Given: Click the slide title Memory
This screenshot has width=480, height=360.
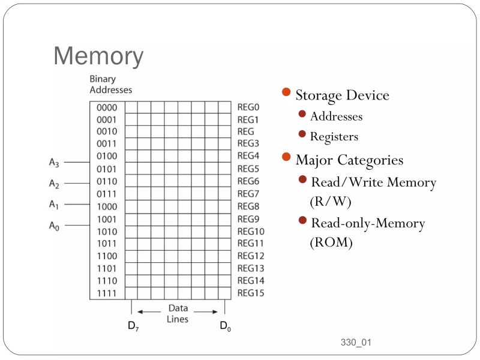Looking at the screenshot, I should [98, 56].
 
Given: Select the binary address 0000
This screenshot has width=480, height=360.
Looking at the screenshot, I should [107, 107].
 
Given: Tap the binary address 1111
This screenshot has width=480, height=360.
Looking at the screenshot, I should [107, 293].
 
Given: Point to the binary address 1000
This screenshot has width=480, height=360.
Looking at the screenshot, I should [107, 206].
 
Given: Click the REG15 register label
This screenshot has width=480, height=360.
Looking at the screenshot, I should [250, 293].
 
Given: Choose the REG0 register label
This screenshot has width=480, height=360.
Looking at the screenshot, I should [248, 107].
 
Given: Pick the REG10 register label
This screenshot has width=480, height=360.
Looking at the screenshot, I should [250, 231].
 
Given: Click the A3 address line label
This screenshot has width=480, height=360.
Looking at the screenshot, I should [54, 162].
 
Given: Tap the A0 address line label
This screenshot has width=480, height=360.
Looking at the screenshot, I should [54, 226].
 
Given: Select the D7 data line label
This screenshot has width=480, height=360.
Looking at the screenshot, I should [133, 326].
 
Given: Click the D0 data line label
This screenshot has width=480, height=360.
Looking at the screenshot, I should [224, 326].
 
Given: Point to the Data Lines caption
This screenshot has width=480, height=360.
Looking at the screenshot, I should [178, 313].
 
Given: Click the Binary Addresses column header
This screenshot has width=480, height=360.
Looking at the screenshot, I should [110, 85].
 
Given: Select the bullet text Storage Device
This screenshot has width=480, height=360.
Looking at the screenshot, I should [342, 95].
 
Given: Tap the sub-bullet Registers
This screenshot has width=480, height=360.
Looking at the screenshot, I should [334, 137].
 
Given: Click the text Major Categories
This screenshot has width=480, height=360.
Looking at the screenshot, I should [349, 160].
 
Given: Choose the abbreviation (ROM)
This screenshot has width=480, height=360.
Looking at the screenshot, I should [331, 243].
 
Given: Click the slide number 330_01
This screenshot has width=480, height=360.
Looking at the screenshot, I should [356, 343].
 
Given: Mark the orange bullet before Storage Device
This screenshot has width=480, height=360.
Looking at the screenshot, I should [286, 93].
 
